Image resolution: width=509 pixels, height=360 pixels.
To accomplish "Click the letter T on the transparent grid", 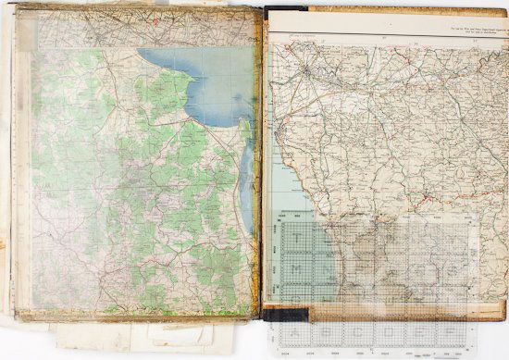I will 295,238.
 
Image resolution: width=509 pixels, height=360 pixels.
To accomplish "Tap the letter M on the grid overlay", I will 295,267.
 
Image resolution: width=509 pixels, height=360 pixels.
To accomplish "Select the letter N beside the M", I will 322,267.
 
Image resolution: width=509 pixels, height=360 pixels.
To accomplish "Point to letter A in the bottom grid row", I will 295,329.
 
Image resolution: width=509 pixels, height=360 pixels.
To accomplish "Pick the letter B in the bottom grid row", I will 321,329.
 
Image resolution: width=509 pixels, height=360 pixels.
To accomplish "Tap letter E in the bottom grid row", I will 399,329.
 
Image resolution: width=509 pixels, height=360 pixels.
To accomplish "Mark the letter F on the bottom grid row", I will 425,329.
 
